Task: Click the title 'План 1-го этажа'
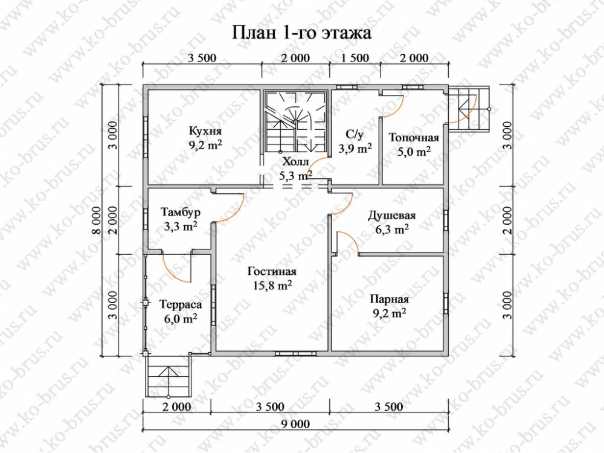click(301, 33)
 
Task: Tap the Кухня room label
click(205, 131)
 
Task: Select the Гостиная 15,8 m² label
click(272, 278)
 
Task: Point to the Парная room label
click(390, 300)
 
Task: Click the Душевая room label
click(392, 215)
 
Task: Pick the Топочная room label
click(414, 138)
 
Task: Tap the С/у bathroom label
click(355, 134)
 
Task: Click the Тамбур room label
click(181, 212)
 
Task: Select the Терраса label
click(181, 304)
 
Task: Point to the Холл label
click(295, 162)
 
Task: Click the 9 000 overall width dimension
click(295, 424)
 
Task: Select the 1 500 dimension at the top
click(355, 58)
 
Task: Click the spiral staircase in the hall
click(295, 121)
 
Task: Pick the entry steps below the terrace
click(168, 376)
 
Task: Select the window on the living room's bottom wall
click(295, 353)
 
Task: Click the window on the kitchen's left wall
click(146, 137)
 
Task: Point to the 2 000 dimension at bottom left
click(177, 406)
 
